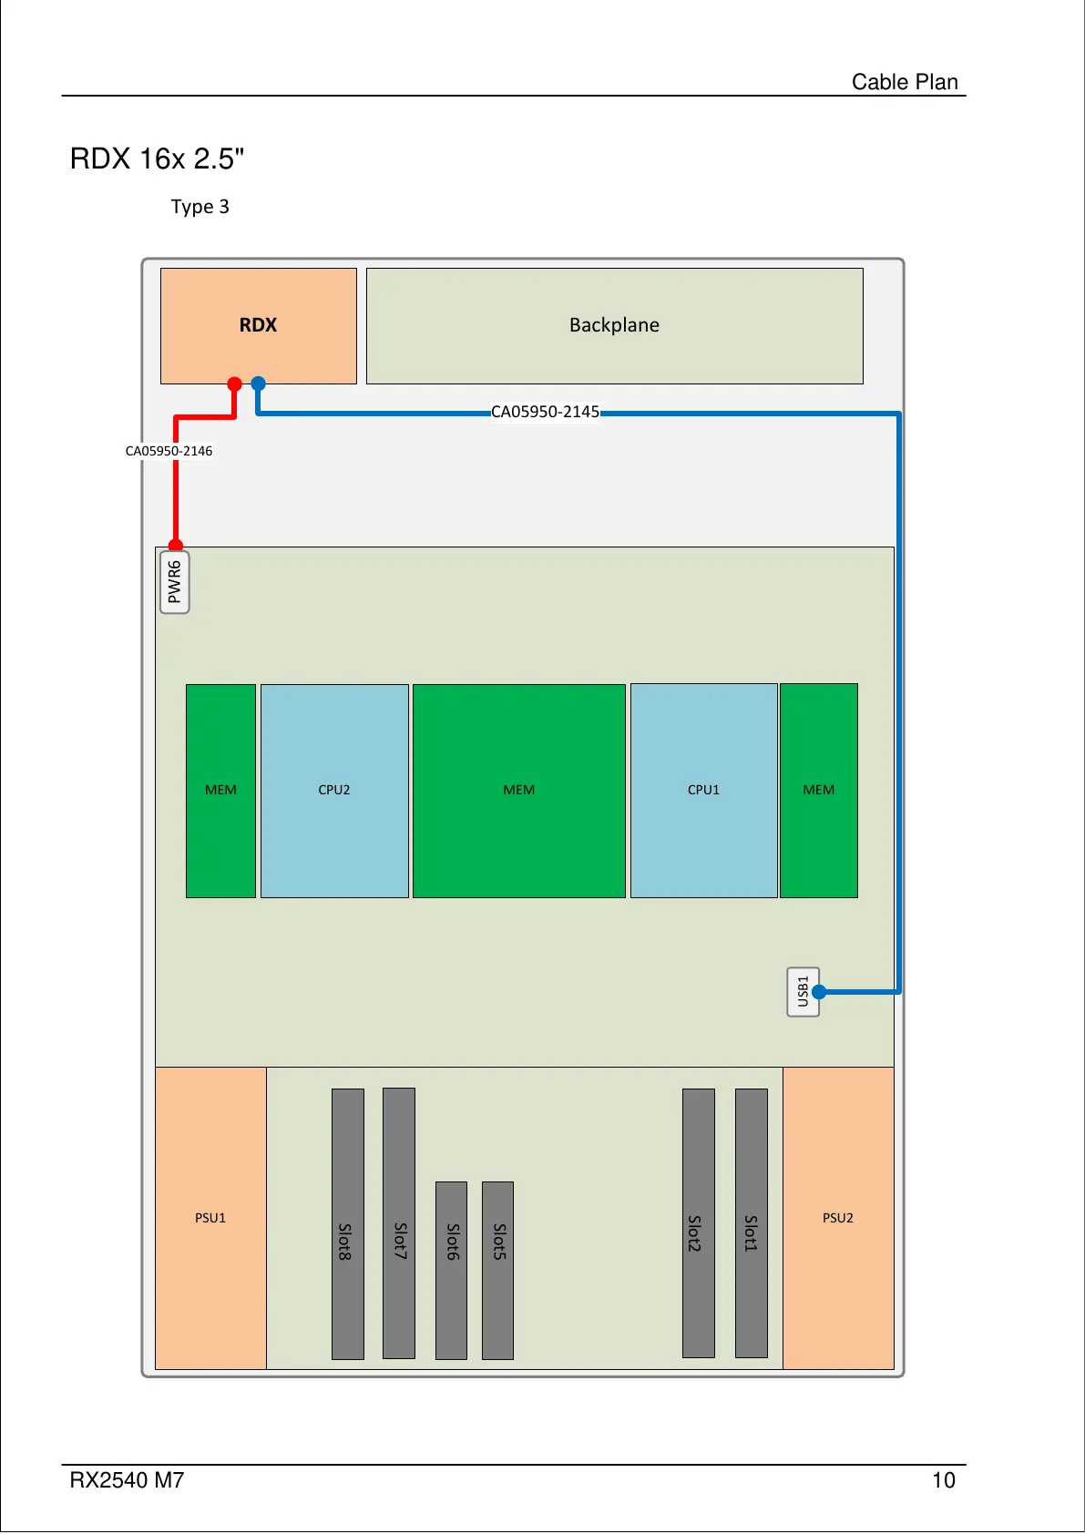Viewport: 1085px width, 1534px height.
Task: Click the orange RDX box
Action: coord(258,325)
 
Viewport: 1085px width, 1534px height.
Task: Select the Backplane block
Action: coord(614,325)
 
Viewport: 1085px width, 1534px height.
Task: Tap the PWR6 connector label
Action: coord(175,582)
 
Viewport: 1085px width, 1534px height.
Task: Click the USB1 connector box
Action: coord(802,991)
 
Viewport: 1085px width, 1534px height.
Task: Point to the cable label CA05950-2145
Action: coord(545,412)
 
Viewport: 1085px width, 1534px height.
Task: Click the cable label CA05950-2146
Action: coord(169,451)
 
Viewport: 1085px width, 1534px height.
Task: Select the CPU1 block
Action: coord(703,790)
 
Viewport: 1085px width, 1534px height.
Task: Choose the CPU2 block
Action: coord(334,790)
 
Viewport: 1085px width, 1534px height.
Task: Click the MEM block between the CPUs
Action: coord(518,790)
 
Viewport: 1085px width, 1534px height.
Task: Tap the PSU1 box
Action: coord(210,1218)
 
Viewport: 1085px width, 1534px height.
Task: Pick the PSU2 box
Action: coord(838,1218)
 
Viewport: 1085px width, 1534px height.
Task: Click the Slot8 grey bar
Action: coord(347,1223)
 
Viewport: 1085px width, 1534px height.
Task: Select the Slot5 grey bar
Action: coord(497,1270)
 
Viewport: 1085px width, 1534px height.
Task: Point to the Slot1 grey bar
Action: coord(751,1223)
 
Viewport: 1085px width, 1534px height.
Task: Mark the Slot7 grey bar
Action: coord(399,1223)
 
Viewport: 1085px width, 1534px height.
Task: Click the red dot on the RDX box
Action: coord(234,384)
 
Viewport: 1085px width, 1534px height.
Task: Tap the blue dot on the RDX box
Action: coord(259,384)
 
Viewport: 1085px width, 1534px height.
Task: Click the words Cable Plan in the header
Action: coord(905,82)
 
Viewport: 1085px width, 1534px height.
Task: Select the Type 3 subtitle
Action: coord(200,207)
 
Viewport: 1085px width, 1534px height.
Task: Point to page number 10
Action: coord(943,1480)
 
